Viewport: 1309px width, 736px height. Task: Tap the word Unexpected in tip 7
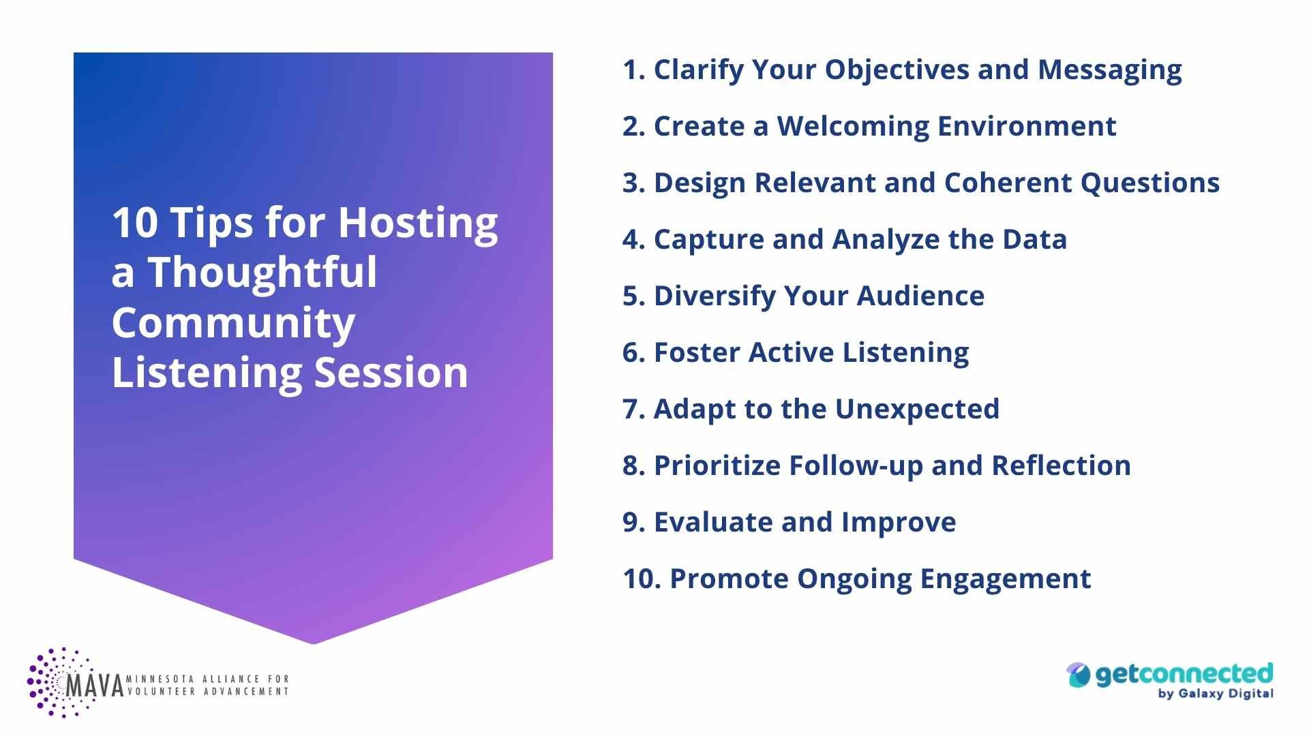[x=917, y=410]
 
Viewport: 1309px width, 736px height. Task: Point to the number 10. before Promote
[x=642, y=579]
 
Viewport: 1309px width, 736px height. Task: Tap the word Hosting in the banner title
[x=418, y=224]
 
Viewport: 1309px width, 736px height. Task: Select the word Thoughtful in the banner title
[x=262, y=273]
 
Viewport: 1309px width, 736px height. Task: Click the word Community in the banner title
[x=233, y=323]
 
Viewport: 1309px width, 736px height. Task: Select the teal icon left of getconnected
[x=1079, y=675]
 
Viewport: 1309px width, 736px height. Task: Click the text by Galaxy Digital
[x=1215, y=694]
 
